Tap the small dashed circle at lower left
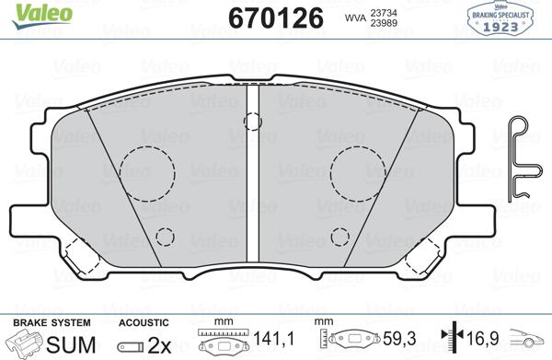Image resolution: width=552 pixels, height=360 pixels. [164, 237]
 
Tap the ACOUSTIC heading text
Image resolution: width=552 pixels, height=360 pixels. [144, 323]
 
